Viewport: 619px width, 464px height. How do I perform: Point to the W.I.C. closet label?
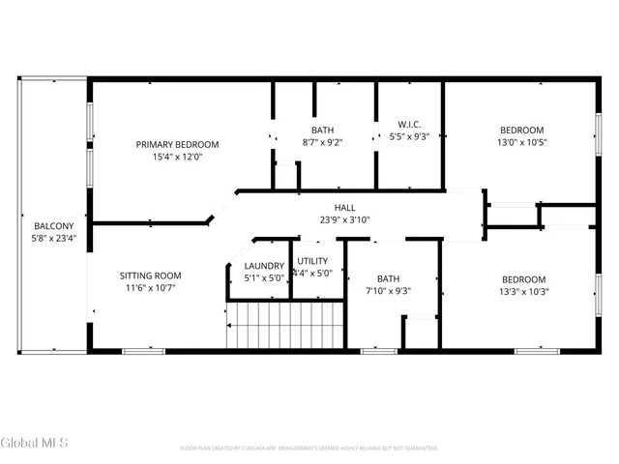(x=409, y=124)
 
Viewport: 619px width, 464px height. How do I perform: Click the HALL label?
(x=344, y=207)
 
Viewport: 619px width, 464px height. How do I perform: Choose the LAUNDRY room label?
(x=264, y=266)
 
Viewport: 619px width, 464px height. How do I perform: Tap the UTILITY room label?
(x=312, y=261)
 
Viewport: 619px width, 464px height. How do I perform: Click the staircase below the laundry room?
(x=285, y=326)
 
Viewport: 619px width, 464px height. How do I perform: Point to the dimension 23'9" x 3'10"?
(x=344, y=219)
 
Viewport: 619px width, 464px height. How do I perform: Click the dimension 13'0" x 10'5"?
(x=521, y=142)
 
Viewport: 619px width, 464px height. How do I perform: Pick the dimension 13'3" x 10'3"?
(x=523, y=291)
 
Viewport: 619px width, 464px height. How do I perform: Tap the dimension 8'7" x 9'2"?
(x=322, y=142)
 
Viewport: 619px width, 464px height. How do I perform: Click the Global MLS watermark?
(x=35, y=444)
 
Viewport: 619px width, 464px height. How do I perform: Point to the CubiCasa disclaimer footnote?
(x=309, y=449)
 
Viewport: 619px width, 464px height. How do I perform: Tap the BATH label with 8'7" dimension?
(x=322, y=130)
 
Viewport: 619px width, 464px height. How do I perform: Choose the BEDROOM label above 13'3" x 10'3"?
(x=523, y=278)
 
